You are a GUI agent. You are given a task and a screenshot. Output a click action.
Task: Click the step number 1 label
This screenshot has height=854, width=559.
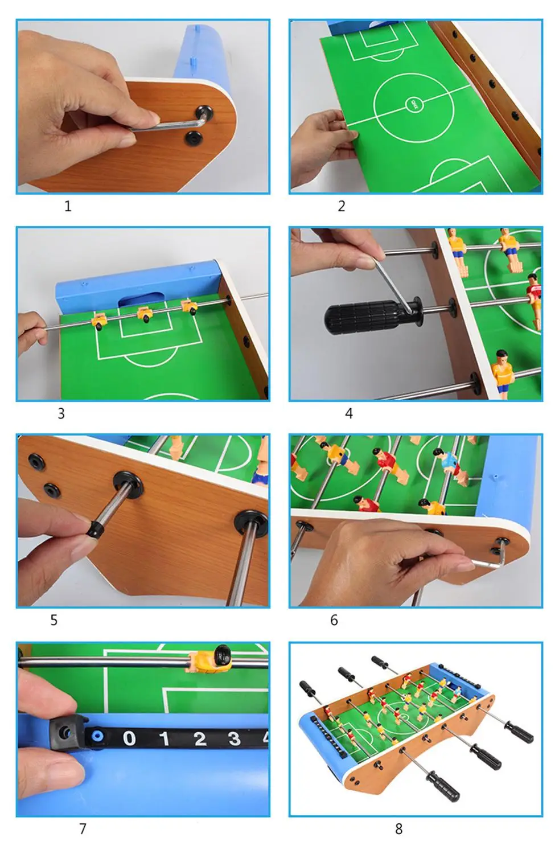coord(68,206)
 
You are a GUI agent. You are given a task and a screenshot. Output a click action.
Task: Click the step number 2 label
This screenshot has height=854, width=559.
coord(342,206)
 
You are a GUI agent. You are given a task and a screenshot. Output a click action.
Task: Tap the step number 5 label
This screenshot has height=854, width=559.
coord(54,620)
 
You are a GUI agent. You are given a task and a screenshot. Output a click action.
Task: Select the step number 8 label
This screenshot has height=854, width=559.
coord(398,829)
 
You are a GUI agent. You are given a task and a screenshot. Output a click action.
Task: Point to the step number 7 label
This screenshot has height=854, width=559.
coord(83,829)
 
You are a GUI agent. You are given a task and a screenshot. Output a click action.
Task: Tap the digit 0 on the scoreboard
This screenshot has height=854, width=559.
coord(129,738)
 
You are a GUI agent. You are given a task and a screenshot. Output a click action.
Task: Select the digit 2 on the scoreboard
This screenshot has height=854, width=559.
coord(199,739)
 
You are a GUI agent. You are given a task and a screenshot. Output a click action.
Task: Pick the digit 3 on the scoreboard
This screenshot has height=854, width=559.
coord(234,739)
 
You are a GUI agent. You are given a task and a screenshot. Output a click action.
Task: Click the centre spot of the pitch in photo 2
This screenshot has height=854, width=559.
coord(414,104)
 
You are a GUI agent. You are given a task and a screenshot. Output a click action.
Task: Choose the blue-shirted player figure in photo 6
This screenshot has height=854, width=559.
coord(448,461)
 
